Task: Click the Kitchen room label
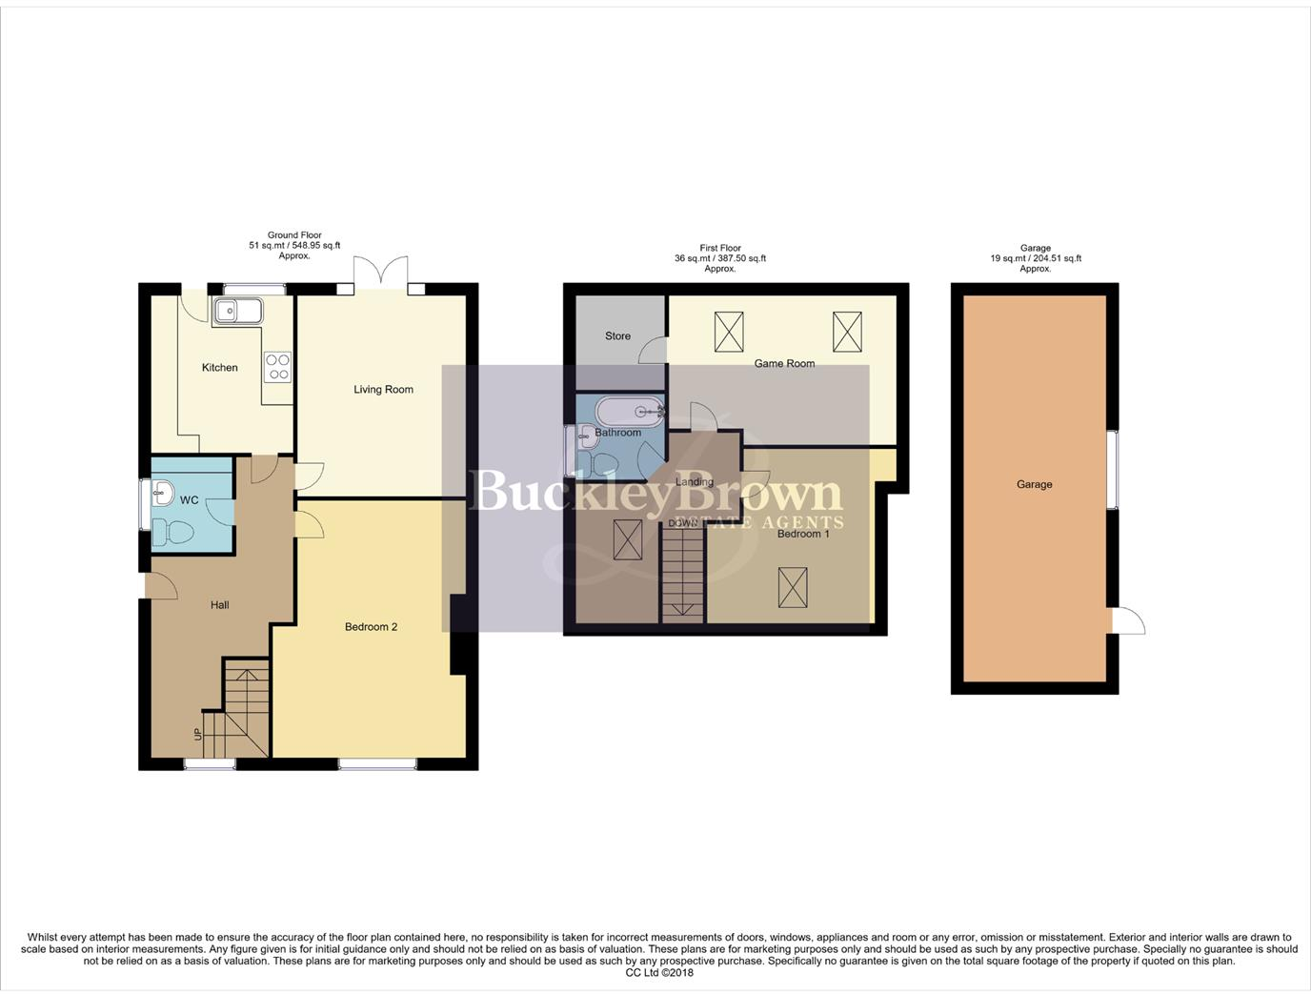219,368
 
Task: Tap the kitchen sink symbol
237,311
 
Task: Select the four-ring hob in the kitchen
277,367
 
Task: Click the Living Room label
383,390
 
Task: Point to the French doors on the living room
381,273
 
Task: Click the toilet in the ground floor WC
173,533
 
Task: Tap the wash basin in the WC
162,494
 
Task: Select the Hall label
219,605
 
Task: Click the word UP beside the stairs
198,734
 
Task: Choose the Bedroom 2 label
371,627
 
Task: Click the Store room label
617,336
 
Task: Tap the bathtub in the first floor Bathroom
629,412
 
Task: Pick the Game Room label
784,363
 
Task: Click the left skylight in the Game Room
729,332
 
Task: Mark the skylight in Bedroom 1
793,587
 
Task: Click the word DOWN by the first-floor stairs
682,523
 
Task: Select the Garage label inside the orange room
1034,485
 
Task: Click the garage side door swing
1128,621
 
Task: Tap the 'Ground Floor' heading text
294,235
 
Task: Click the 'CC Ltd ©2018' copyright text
659,973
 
